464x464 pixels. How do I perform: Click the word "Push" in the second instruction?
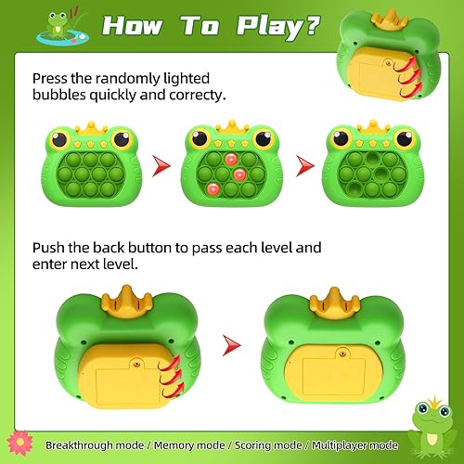(50, 249)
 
